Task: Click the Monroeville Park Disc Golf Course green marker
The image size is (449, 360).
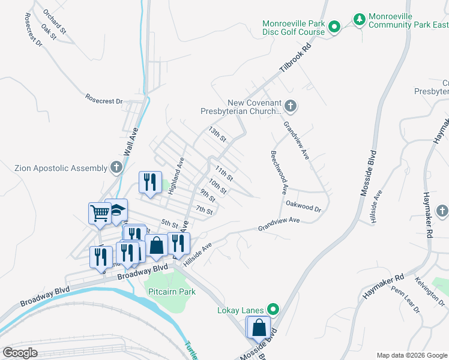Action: (x=335, y=26)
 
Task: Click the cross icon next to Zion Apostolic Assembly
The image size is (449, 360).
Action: (x=116, y=169)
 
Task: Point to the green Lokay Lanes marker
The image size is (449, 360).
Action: (x=273, y=310)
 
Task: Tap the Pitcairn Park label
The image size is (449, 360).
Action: (x=172, y=292)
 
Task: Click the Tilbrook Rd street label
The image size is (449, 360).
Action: (x=297, y=59)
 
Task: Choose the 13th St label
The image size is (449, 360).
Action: (x=217, y=134)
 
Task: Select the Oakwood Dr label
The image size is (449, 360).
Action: (x=304, y=208)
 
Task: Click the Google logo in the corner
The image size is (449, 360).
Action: (x=20, y=353)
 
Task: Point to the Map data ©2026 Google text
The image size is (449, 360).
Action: (x=411, y=355)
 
